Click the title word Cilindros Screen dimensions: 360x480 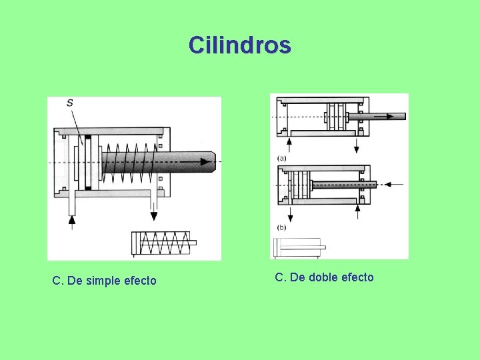(x=239, y=45)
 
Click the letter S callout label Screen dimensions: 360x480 (x=70, y=103)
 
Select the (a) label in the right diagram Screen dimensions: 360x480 (x=282, y=158)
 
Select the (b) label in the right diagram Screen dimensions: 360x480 (x=282, y=227)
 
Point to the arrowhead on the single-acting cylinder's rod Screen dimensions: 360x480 (x=199, y=162)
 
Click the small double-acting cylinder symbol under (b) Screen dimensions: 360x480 (x=299, y=247)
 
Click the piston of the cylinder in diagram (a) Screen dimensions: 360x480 (x=335, y=117)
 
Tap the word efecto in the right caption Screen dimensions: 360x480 (x=357, y=277)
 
